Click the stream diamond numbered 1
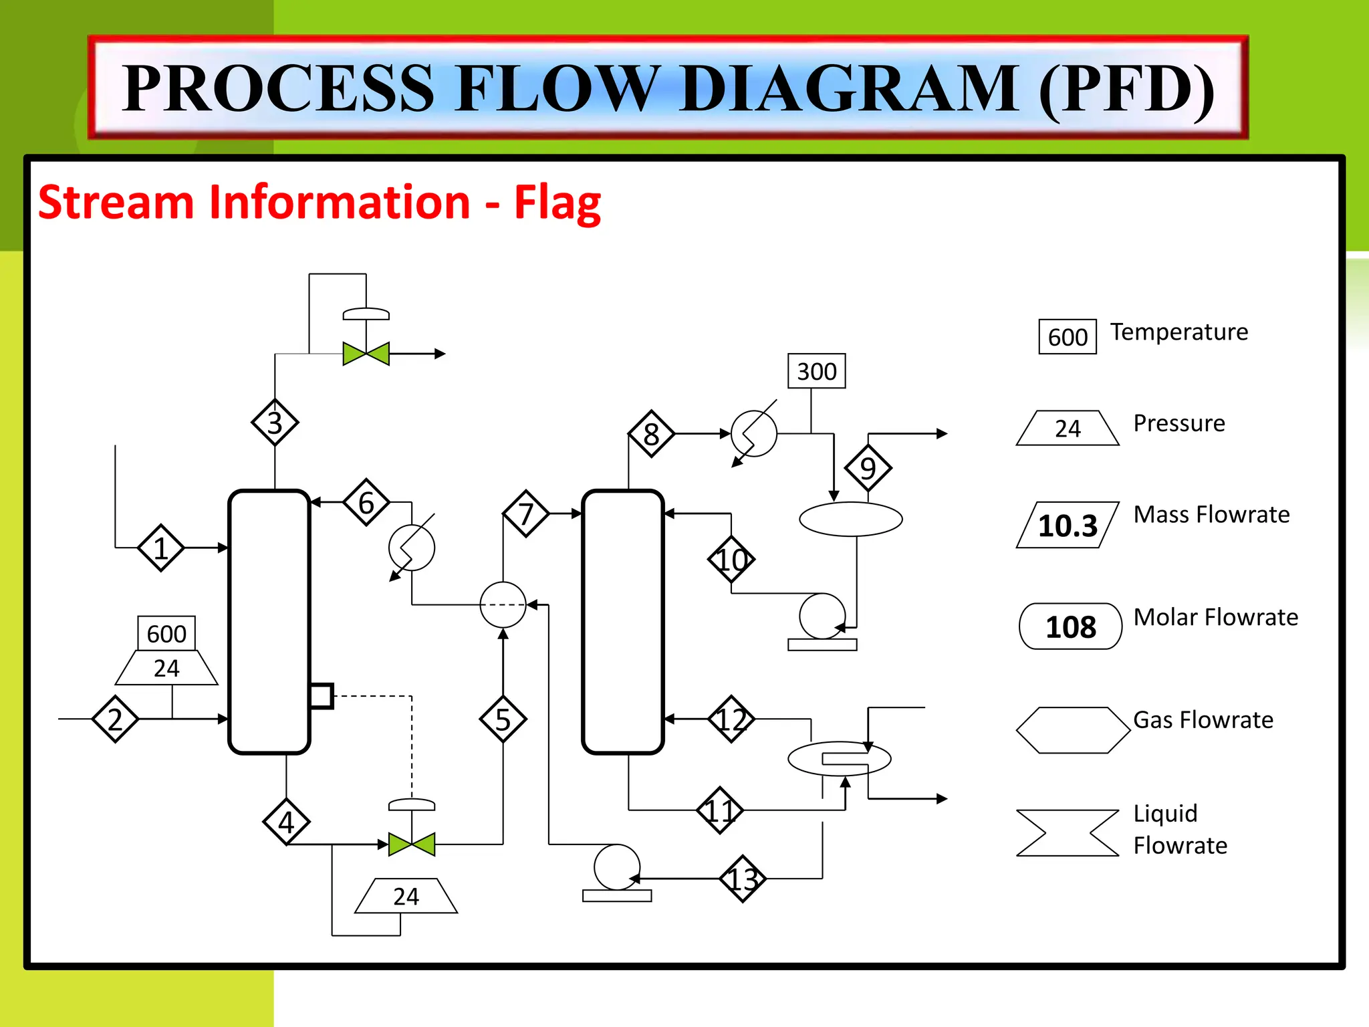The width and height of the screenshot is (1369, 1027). pyautogui.click(x=160, y=548)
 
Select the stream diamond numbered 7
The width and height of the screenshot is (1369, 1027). pyautogui.click(x=526, y=513)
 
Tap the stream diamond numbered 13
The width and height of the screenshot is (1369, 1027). pyautogui.click(x=743, y=879)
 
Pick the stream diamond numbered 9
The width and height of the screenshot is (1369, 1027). pyautogui.click(x=868, y=468)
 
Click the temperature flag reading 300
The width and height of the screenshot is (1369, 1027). pyautogui.click(x=816, y=371)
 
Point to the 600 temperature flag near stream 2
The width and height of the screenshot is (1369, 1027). pyautogui.click(x=166, y=633)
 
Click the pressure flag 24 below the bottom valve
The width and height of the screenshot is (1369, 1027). pyautogui.click(x=406, y=896)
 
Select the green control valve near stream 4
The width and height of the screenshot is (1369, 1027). pyautogui.click(x=412, y=844)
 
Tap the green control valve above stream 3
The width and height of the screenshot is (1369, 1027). pyautogui.click(x=366, y=354)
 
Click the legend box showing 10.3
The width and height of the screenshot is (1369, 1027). pyautogui.click(x=1068, y=526)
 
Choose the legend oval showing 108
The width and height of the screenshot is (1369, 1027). pyautogui.click(x=1070, y=626)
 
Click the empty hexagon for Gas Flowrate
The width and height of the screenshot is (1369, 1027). pyautogui.click(x=1072, y=730)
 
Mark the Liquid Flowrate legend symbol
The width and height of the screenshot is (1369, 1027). pyautogui.click(x=1068, y=832)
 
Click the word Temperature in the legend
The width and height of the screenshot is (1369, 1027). pyautogui.click(x=1179, y=332)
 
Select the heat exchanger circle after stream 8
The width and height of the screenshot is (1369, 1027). pyautogui.click(x=754, y=434)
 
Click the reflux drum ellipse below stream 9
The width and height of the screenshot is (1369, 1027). pyautogui.click(x=850, y=519)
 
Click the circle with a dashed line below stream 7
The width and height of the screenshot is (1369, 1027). pyautogui.click(x=503, y=604)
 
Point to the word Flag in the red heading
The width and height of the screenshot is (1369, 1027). pyautogui.click(x=557, y=203)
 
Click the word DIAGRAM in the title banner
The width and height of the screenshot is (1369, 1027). pyautogui.click(x=850, y=88)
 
